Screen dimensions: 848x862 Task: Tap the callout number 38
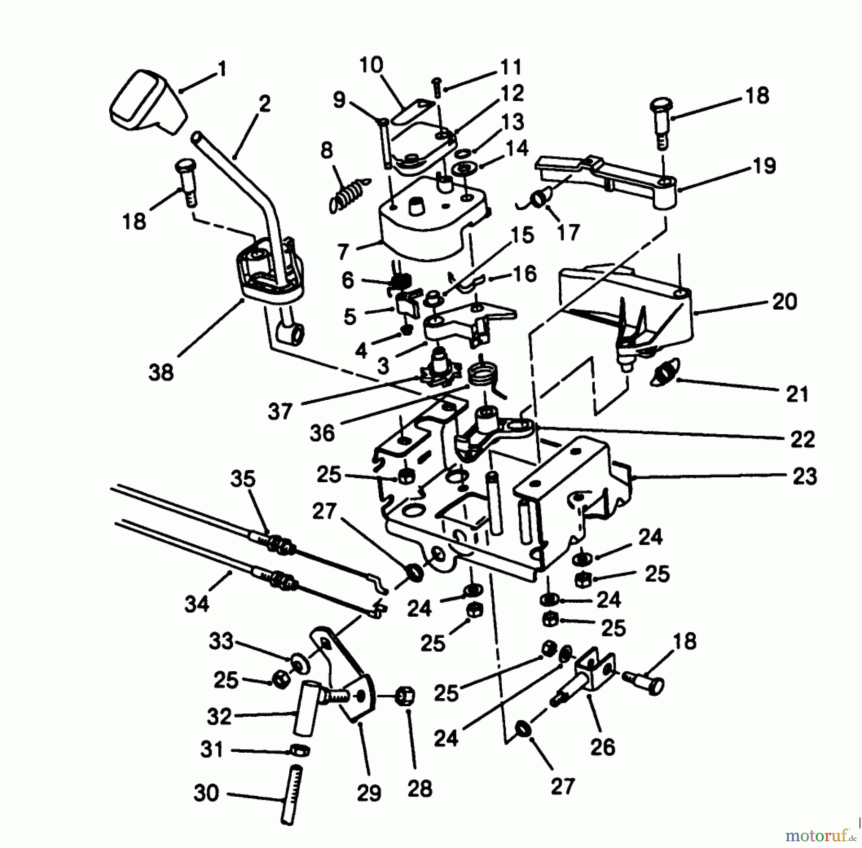click(x=160, y=372)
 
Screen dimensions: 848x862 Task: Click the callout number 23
click(x=804, y=477)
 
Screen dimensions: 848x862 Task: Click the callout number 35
click(x=243, y=479)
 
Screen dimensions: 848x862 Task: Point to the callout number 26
click(x=602, y=746)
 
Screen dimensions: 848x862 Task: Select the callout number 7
click(x=342, y=251)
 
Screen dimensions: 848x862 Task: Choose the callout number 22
click(x=803, y=439)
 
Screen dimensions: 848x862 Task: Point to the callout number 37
click(x=280, y=411)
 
